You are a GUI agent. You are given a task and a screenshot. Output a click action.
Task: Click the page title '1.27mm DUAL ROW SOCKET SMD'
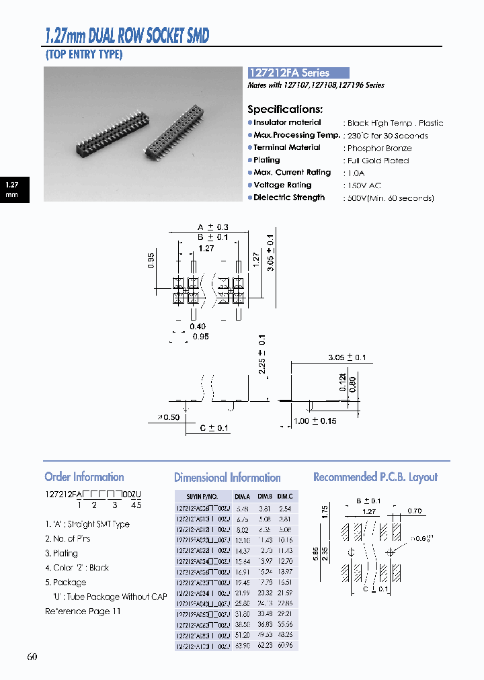click(x=126, y=35)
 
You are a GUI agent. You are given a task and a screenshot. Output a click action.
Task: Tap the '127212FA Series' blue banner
click(x=298, y=73)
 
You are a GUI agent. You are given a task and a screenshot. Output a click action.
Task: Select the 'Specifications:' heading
click(x=285, y=109)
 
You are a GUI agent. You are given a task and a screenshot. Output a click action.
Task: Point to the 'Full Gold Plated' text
click(x=378, y=161)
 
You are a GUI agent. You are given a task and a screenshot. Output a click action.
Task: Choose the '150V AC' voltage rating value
click(x=366, y=185)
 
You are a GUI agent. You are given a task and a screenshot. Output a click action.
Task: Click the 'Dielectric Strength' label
click(x=289, y=198)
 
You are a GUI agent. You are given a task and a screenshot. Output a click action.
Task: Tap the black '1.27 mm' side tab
click(x=12, y=189)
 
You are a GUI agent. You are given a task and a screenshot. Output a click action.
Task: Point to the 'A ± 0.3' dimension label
click(x=214, y=227)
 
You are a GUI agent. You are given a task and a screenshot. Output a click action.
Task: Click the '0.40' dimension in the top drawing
click(x=198, y=327)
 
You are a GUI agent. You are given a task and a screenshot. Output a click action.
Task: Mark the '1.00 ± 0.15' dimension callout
click(x=315, y=421)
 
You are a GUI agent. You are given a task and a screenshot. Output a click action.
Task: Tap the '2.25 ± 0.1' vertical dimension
click(x=262, y=353)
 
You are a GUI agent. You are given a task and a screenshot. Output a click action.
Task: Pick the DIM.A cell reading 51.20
click(x=241, y=635)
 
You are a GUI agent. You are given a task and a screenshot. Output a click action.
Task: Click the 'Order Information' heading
click(x=84, y=477)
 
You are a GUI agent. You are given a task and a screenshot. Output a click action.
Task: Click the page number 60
click(x=32, y=656)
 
